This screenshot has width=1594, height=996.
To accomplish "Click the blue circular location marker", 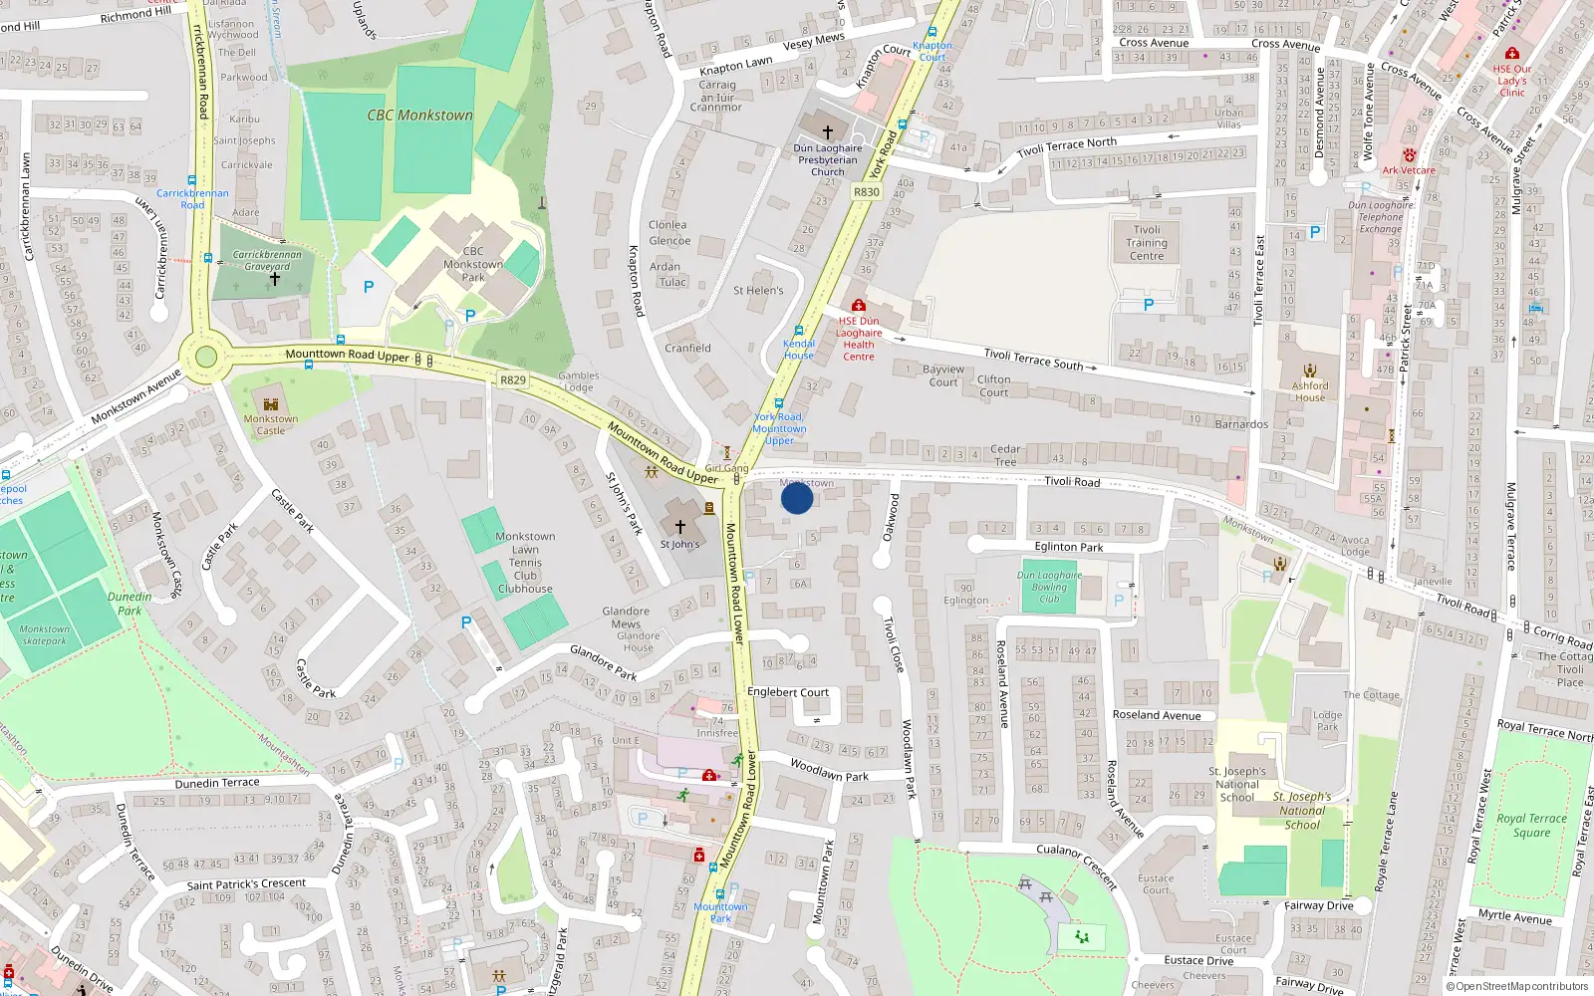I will [797, 498].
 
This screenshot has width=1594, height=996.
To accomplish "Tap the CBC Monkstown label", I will [419, 116].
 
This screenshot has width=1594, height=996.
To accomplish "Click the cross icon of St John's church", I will [680, 527].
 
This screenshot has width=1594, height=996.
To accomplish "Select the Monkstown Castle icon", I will [270, 403].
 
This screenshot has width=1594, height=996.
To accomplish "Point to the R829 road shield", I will [513, 380].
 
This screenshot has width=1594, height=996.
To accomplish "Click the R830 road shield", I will [867, 192].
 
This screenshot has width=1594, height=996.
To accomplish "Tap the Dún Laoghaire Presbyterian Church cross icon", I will [827, 131].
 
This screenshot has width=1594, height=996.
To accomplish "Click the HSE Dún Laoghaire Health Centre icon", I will [859, 306].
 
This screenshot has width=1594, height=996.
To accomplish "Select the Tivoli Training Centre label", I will [1147, 243].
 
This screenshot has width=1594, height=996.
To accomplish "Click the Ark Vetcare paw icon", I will [1410, 155].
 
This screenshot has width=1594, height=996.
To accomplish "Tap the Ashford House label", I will [1310, 391].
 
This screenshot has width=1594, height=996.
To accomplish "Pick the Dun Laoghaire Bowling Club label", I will [1049, 587].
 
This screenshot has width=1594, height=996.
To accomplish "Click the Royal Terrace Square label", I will [1531, 825].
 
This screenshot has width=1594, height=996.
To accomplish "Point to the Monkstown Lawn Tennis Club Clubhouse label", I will [525, 563].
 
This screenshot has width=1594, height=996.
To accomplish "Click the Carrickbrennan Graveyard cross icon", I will [275, 279].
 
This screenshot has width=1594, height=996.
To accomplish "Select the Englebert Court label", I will [788, 692].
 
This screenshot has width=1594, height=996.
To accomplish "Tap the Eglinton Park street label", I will [1069, 547].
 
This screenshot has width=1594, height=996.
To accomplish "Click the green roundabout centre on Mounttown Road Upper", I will [206, 358].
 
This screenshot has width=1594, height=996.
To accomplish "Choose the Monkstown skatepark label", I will [44, 634].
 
